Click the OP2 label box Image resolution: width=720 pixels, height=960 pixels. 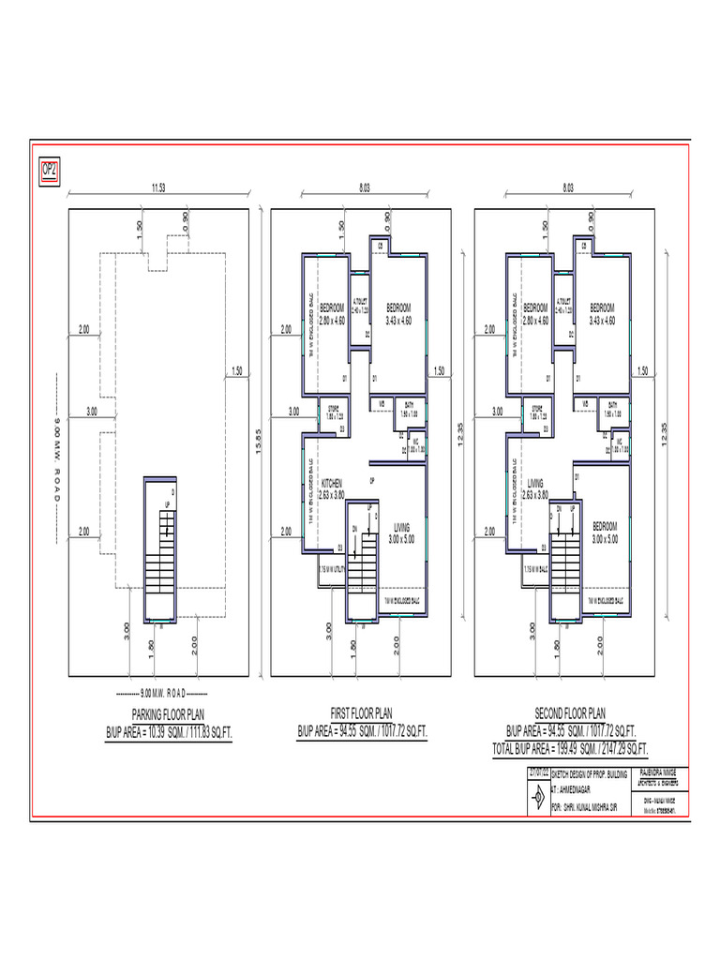[x=49, y=171]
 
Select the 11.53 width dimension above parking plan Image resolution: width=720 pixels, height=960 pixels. [x=158, y=188]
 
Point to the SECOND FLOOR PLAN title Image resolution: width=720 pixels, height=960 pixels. [x=570, y=713]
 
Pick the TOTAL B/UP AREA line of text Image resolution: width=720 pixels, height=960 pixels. [x=570, y=748]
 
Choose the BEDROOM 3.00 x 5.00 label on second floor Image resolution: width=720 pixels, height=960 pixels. [x=605, y=532]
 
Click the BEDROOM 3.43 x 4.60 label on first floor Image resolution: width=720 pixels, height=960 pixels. [x=399, y=314]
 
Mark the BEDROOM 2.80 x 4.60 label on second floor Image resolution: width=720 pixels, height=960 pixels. [x=535, y=314]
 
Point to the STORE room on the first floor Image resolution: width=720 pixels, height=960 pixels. [x=332, y=412]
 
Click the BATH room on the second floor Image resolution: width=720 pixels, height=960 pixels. [x=613, y=409]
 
